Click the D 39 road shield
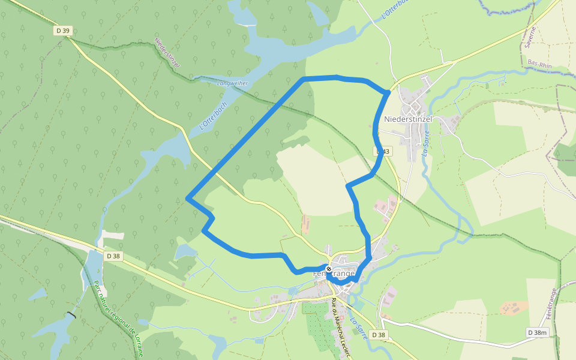[62, 31]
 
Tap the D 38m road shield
[538, 332]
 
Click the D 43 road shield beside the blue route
[382, 152]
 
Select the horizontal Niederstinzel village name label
[408, 119]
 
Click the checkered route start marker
[329, 269]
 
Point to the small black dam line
[72, 315]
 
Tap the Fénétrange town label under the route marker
[334, 274]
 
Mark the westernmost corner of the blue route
[188, 198]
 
